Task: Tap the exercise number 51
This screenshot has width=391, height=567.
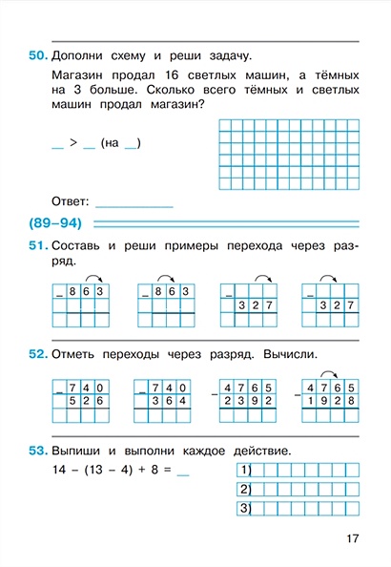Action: click(x=37, y=247)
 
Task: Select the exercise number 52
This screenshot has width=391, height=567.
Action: click(x=37, y=355)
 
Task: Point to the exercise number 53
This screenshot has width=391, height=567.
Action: click(x=37, y=451)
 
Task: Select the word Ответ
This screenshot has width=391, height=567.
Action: click(x=72, y=201)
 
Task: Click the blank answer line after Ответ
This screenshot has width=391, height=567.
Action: click(x=135, y=203)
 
